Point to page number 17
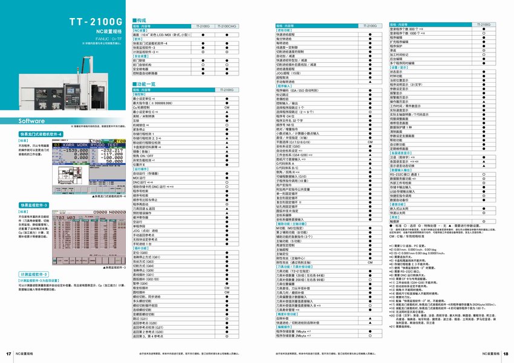9,353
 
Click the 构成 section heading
144,20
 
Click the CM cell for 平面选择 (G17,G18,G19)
369,141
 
